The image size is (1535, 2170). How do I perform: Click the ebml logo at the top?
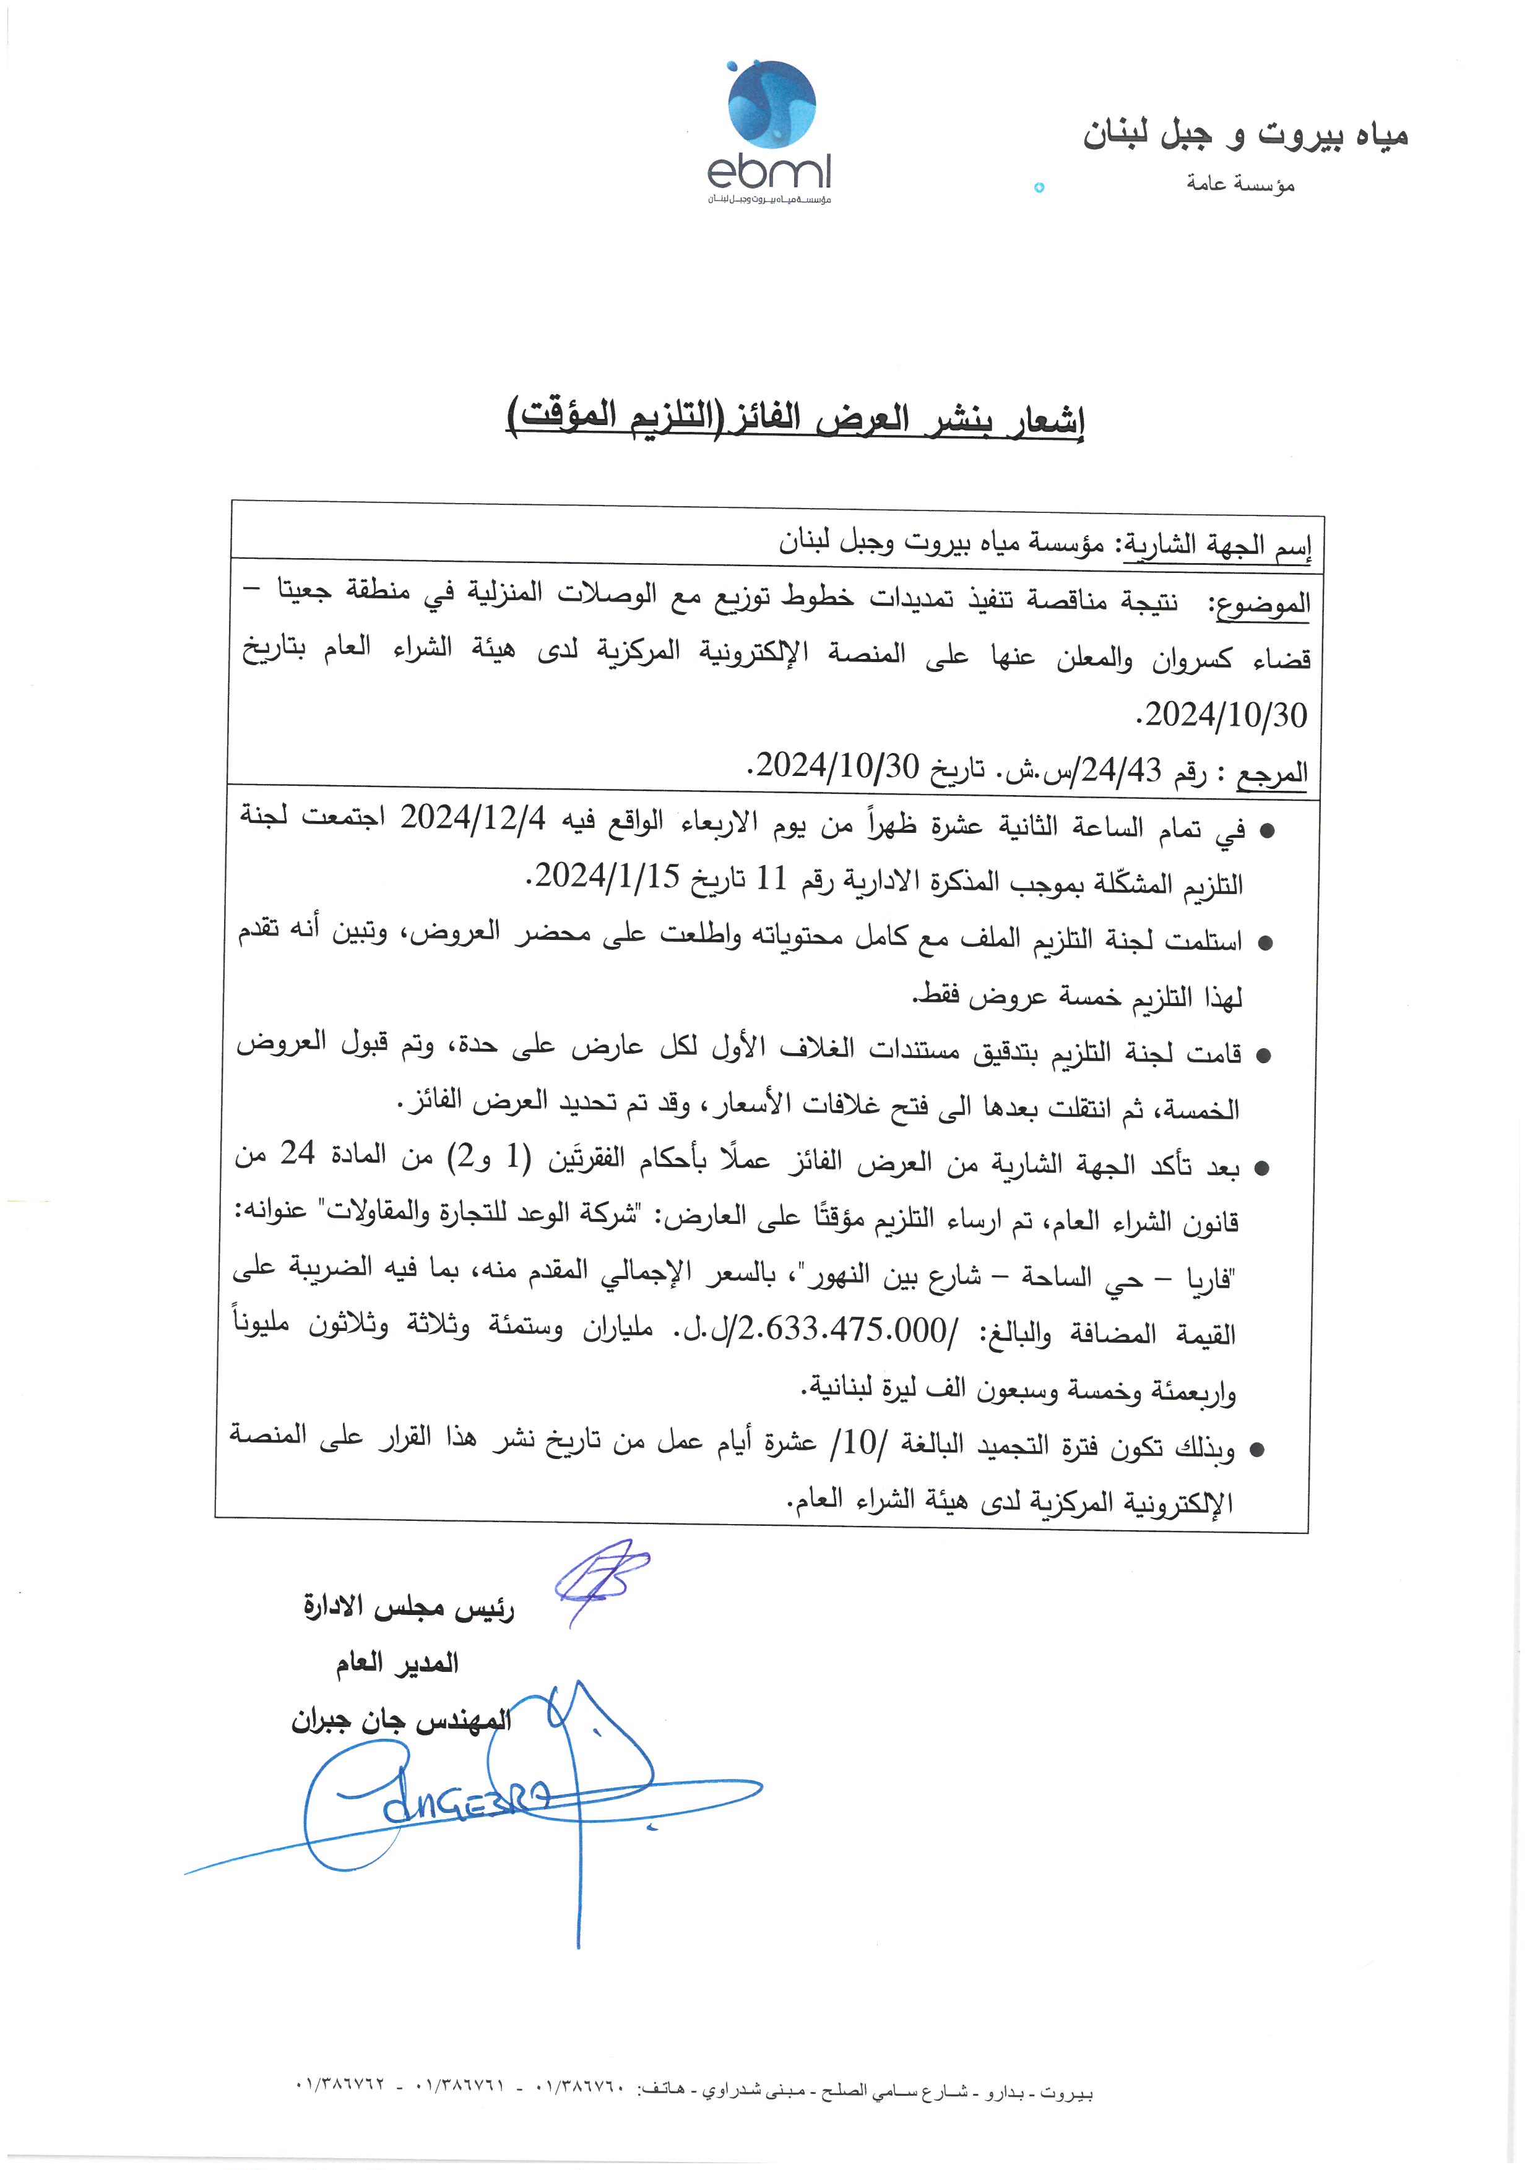[x=771, y=132]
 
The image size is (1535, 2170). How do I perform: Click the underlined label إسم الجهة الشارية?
[x=1216, y=546]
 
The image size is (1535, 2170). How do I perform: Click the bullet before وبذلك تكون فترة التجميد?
[x=1256, y=1450]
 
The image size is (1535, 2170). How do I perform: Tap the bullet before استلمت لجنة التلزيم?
[x=1265, y=943]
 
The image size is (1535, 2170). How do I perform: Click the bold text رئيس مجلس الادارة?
[x=409, y=1608]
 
